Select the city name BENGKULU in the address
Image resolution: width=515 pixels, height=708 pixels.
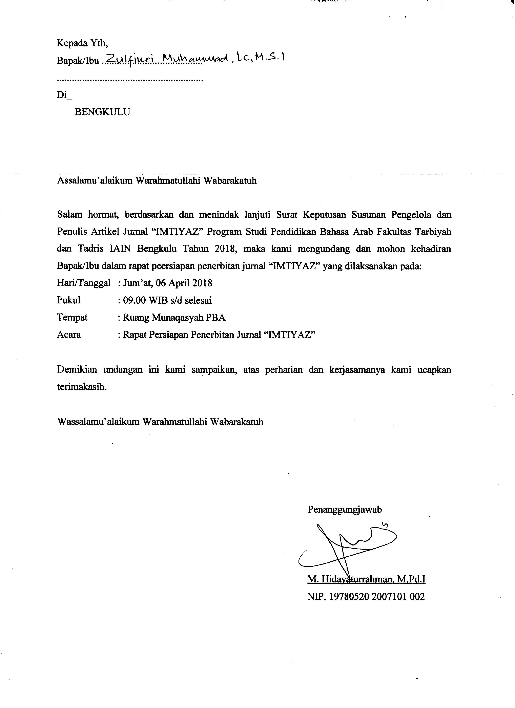click(102, 112)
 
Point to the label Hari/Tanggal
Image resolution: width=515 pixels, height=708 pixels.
click(83, 283)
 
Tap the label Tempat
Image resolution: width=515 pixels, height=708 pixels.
click(72, 318)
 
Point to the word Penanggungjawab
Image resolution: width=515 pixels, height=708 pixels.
click(345, 510)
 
